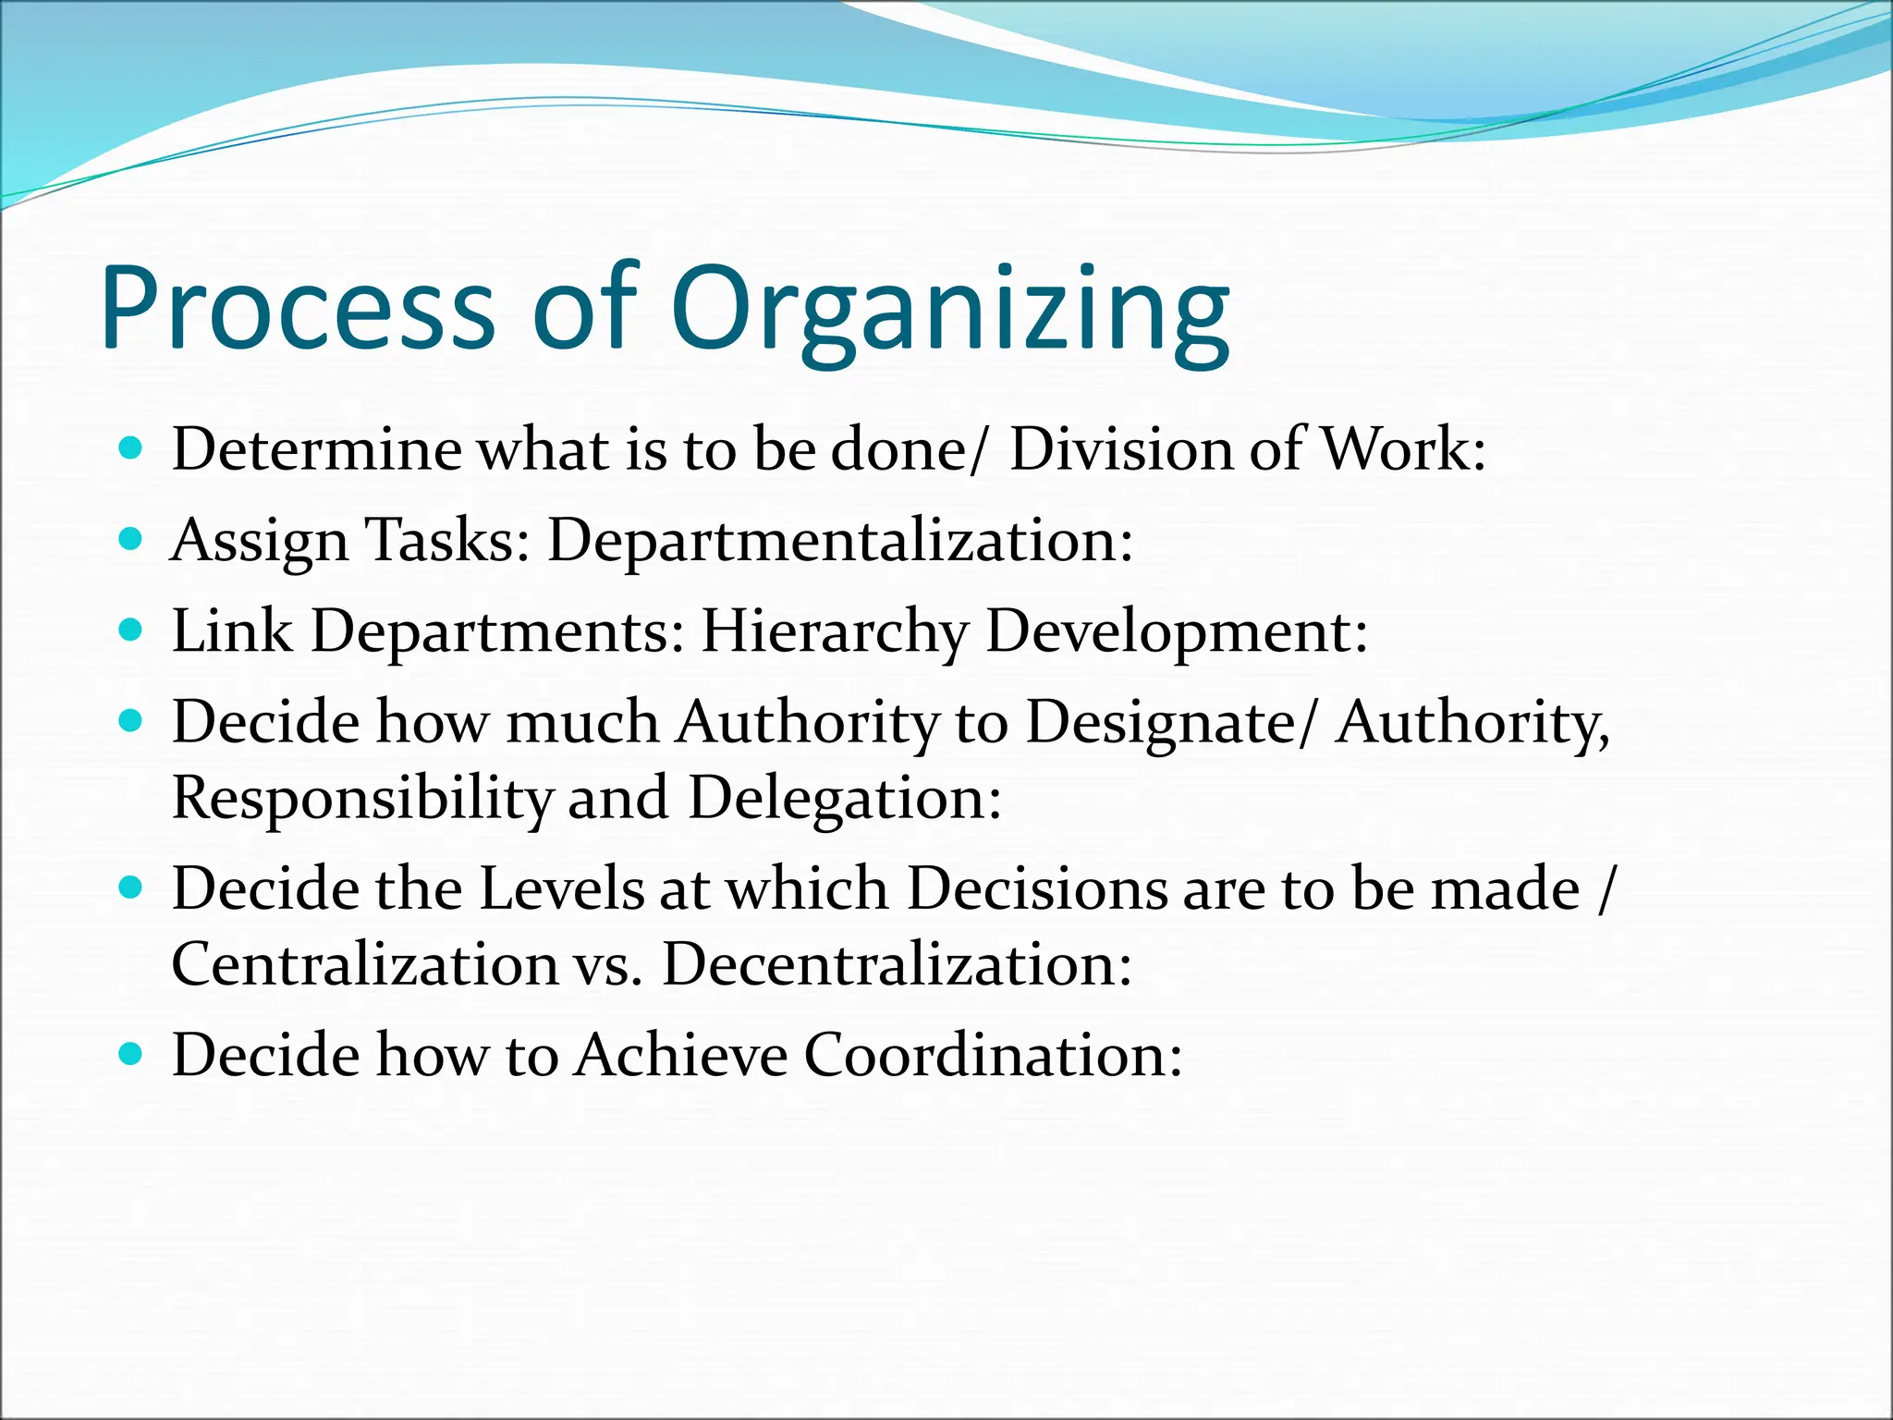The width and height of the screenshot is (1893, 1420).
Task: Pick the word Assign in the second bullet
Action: point(260,540)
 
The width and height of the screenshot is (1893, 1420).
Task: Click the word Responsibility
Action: point(361,798)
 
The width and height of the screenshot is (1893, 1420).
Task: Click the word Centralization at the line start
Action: point(364,964)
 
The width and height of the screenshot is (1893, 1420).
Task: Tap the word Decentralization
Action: point(897,964)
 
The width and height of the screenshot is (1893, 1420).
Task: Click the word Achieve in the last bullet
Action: point(679,1055)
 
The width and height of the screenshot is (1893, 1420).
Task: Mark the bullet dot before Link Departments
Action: point(132,630)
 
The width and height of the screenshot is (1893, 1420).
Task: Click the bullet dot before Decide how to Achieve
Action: point(132,1053)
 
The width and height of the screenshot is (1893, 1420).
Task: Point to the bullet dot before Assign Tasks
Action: point(132,539)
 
